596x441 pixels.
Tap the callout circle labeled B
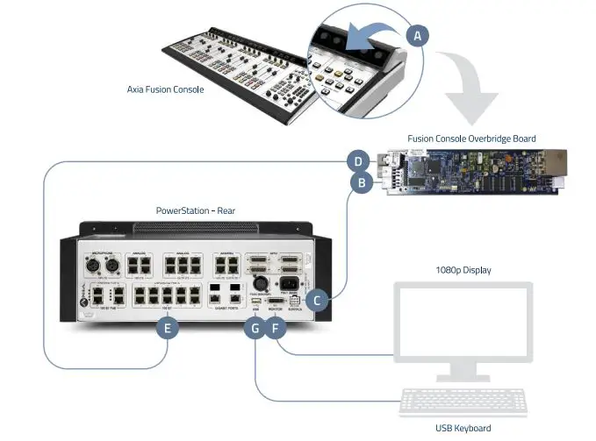pyautogui.click(x=359, y=183)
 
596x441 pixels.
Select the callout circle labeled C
pyautogui.click(x=320, y=300)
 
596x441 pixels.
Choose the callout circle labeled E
pyautogui.click(x=167, y=329)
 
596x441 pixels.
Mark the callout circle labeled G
pyautogui.click(x=255, y=330)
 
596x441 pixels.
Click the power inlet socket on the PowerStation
pyautogui.click(x=289, y=284)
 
